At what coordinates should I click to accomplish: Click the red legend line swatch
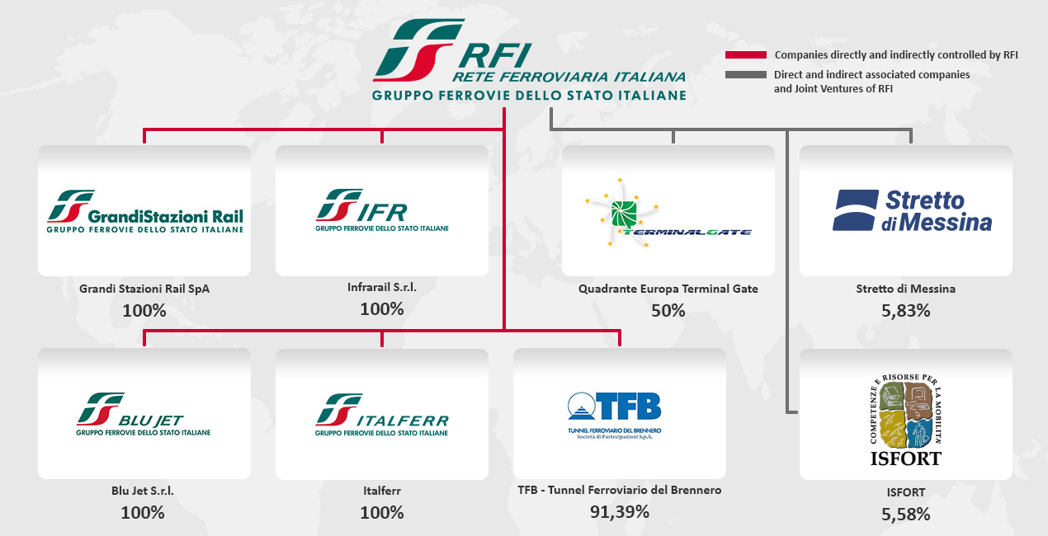point(745,55)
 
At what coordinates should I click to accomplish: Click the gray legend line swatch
point(745,75)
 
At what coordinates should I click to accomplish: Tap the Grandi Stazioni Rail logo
point(144,211)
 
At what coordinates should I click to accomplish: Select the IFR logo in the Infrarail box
point(381,210)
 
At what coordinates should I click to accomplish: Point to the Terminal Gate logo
point(668,211)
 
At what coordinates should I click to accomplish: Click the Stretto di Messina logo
point(905,210)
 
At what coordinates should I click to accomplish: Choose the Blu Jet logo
point(144,415)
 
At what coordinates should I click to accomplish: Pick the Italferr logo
point(381,415)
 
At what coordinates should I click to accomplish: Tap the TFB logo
point(619,413)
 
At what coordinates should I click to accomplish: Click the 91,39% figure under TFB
point(619,511)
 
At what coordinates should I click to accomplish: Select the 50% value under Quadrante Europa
point(668,310)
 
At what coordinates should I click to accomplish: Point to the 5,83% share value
point(905,311)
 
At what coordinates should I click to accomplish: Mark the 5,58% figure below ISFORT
point(905,514)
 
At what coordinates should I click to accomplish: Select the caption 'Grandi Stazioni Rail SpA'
point(144,289)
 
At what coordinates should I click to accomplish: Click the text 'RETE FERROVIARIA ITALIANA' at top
point(569,77)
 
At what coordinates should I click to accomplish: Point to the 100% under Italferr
point(381,513)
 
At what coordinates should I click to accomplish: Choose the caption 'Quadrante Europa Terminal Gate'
point(668,289)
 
